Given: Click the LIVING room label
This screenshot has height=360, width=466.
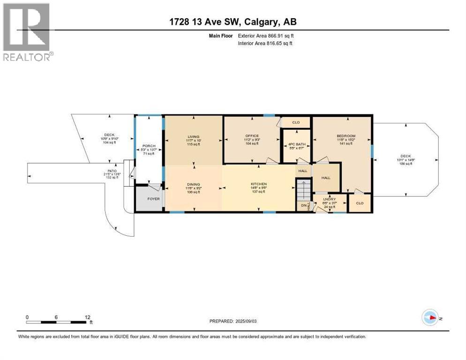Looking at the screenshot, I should (x=193, y=136).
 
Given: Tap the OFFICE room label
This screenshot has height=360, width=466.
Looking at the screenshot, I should (x=252, y=136).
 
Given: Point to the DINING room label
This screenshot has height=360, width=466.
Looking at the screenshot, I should (x=193, y=184).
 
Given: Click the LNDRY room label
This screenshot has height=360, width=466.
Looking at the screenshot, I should (x=330, y=199).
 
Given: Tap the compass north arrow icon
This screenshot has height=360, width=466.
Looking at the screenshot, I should (x=429, y=317).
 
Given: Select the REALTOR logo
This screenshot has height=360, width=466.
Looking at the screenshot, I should (x=27, y=32).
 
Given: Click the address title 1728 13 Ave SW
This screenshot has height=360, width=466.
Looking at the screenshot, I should (x=233, y=22).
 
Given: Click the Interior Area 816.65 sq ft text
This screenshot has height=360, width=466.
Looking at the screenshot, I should (x=265, y=43).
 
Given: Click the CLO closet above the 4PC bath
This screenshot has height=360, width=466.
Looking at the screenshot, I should (x=296, y=122).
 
